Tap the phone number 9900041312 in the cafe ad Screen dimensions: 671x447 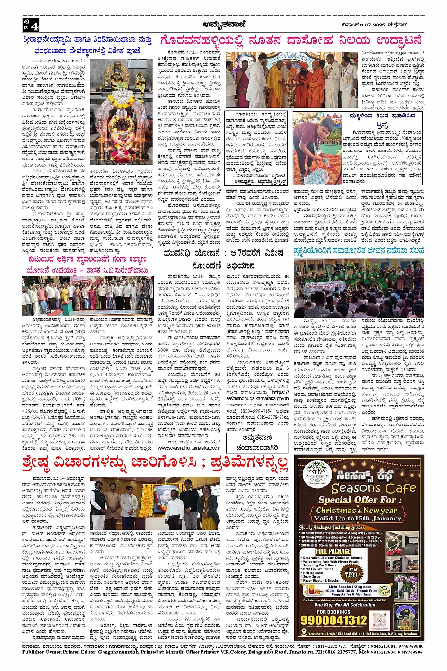click(334, 619)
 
